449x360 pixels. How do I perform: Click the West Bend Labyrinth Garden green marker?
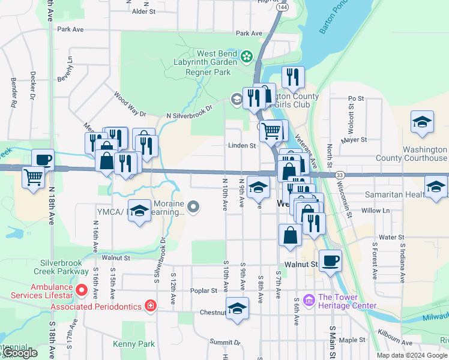(x=246, y=57)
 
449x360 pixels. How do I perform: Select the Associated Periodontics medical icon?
(x=151, y=307)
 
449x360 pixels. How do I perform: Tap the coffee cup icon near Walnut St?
(x=330, y=261)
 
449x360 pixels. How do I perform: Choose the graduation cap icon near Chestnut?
(x=238, y=309)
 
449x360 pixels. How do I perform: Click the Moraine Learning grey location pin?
(x=193, y=208)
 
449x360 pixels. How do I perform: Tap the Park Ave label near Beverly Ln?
(x=71, y=29)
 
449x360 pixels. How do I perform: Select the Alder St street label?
(x=143, y=11)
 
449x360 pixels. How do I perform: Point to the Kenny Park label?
(x=134, y=344)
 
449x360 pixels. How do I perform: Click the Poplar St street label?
(x=203, y=290)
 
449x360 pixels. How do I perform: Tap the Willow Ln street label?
(x=376, y=211)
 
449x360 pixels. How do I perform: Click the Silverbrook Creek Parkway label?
(x=64, y=268)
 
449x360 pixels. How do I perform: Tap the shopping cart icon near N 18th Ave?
(x=33, y=176)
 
